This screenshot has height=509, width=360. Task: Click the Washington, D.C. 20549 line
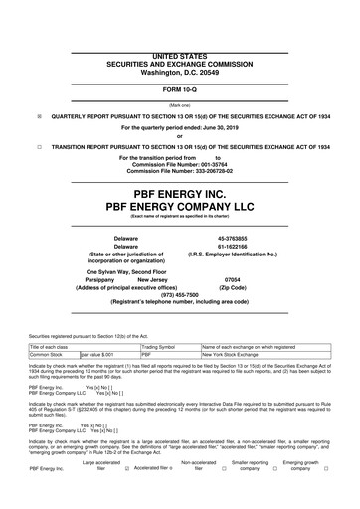[179, 46]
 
